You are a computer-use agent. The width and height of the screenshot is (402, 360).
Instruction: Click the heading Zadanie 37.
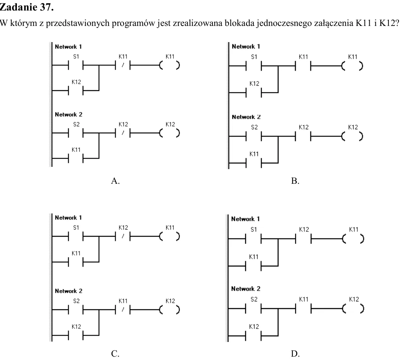27,7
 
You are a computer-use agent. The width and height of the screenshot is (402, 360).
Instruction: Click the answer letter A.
115,181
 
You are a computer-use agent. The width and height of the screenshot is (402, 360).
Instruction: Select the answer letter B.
295,181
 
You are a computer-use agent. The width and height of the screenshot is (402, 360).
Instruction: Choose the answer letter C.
115,354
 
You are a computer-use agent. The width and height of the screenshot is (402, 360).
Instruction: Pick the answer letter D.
295,354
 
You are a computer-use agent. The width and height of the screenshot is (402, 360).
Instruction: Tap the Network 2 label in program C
68,291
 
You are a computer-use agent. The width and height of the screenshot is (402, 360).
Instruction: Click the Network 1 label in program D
245,219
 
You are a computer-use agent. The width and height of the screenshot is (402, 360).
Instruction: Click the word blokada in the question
239,23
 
